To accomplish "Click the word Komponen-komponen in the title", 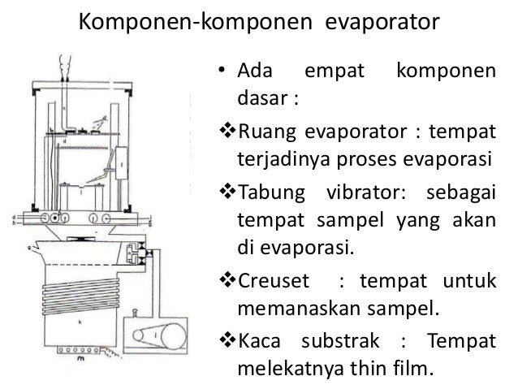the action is pyautogui.click(x=190, y=23).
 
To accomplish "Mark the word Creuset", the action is pyautogui.click(x=271, y=281).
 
